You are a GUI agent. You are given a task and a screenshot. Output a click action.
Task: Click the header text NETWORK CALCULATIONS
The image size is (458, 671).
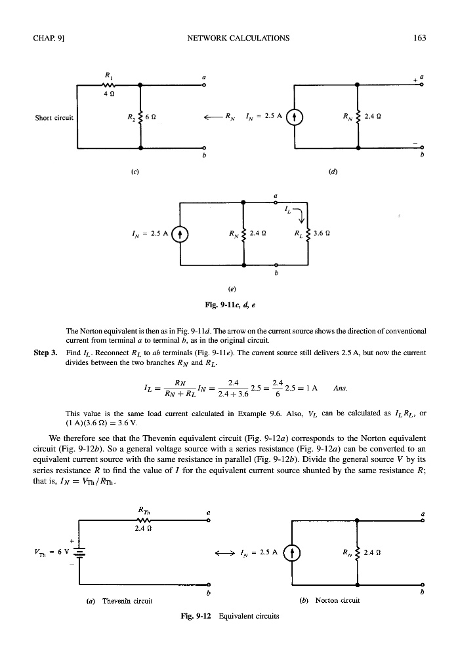(x=239, y=37)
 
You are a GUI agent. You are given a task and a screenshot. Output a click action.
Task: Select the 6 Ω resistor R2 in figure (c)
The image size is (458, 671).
(x=139, y=119)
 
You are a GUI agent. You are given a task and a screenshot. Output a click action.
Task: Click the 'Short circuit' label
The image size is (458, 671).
(x=54, y=119)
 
